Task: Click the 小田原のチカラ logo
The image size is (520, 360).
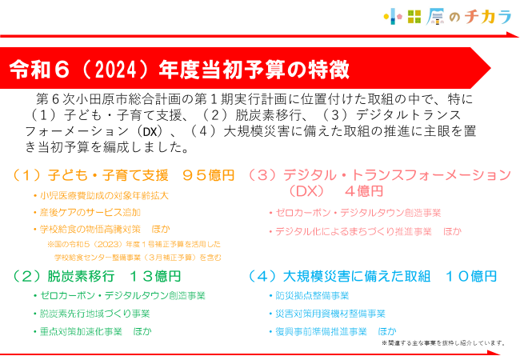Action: pyautogui.click(x=448, y=17)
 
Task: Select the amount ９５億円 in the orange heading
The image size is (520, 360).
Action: pyautogui.click(x=209, y=175)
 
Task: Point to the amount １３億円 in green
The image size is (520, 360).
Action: pyautogui.click(x=155, y=276)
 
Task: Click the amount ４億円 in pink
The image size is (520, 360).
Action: pyautogui.click(x=364, y=191)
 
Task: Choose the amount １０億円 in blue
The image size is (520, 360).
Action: pyautogui.click(x=470, y=276)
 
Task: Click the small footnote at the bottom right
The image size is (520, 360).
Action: pyautogui.click(x=443, y=343)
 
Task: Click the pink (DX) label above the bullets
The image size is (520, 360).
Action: pyautogui.click(x=306, y=191)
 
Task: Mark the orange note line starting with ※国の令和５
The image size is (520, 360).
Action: pyautogui.click(x=134, y=244)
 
